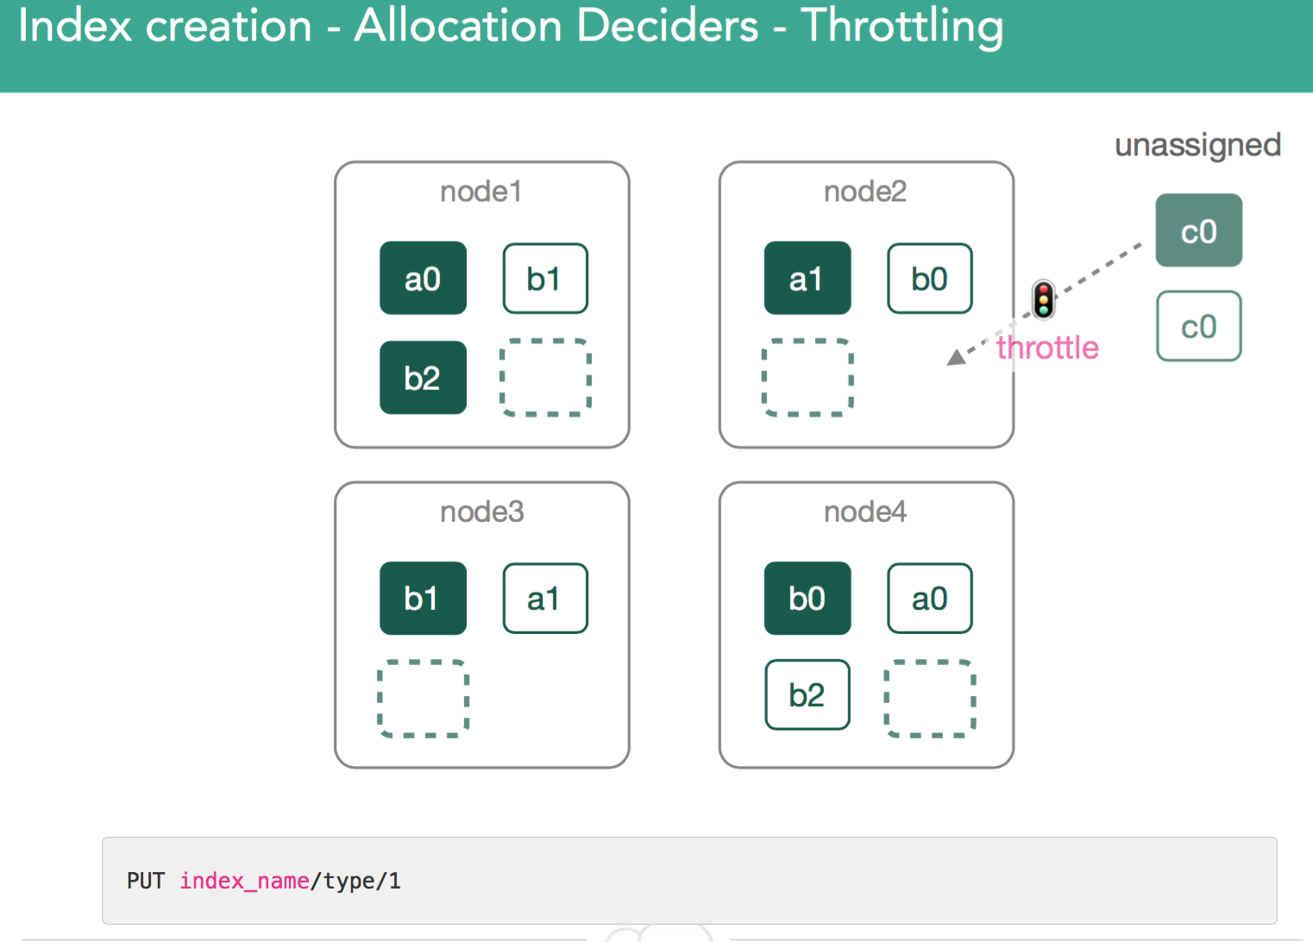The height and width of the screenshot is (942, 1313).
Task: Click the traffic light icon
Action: tap(1043, 299)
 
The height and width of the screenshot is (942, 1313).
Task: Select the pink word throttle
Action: tap(1047, 348)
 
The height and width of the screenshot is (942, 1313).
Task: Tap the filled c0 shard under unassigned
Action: tap(1199, 230)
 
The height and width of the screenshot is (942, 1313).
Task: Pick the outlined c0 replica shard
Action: tap(1199, 326)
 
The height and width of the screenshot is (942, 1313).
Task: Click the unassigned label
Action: tap(1197, 146)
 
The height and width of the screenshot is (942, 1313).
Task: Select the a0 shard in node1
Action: tap(423, 278)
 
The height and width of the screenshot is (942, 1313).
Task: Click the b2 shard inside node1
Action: tap(423, 378)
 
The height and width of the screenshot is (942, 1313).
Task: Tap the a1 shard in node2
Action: tap(807, 278)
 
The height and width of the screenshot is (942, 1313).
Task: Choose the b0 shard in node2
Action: tap(930, 279)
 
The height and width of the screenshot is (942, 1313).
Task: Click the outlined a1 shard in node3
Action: tap(545, 599)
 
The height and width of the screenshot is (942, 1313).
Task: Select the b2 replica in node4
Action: tap(807, 694)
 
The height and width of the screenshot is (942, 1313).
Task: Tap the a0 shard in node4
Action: tap(930, 599)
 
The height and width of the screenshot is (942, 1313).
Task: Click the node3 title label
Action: tap(482, 512)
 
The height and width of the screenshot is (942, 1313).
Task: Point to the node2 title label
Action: tap(865, 192)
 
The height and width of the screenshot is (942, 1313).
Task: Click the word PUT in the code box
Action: tap(146, 881)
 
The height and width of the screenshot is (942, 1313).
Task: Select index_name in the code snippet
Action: tap(244, 882)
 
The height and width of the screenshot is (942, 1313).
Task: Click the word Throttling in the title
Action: tap(902, 27)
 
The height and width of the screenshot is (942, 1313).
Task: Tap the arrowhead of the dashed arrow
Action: tap(956, 358)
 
